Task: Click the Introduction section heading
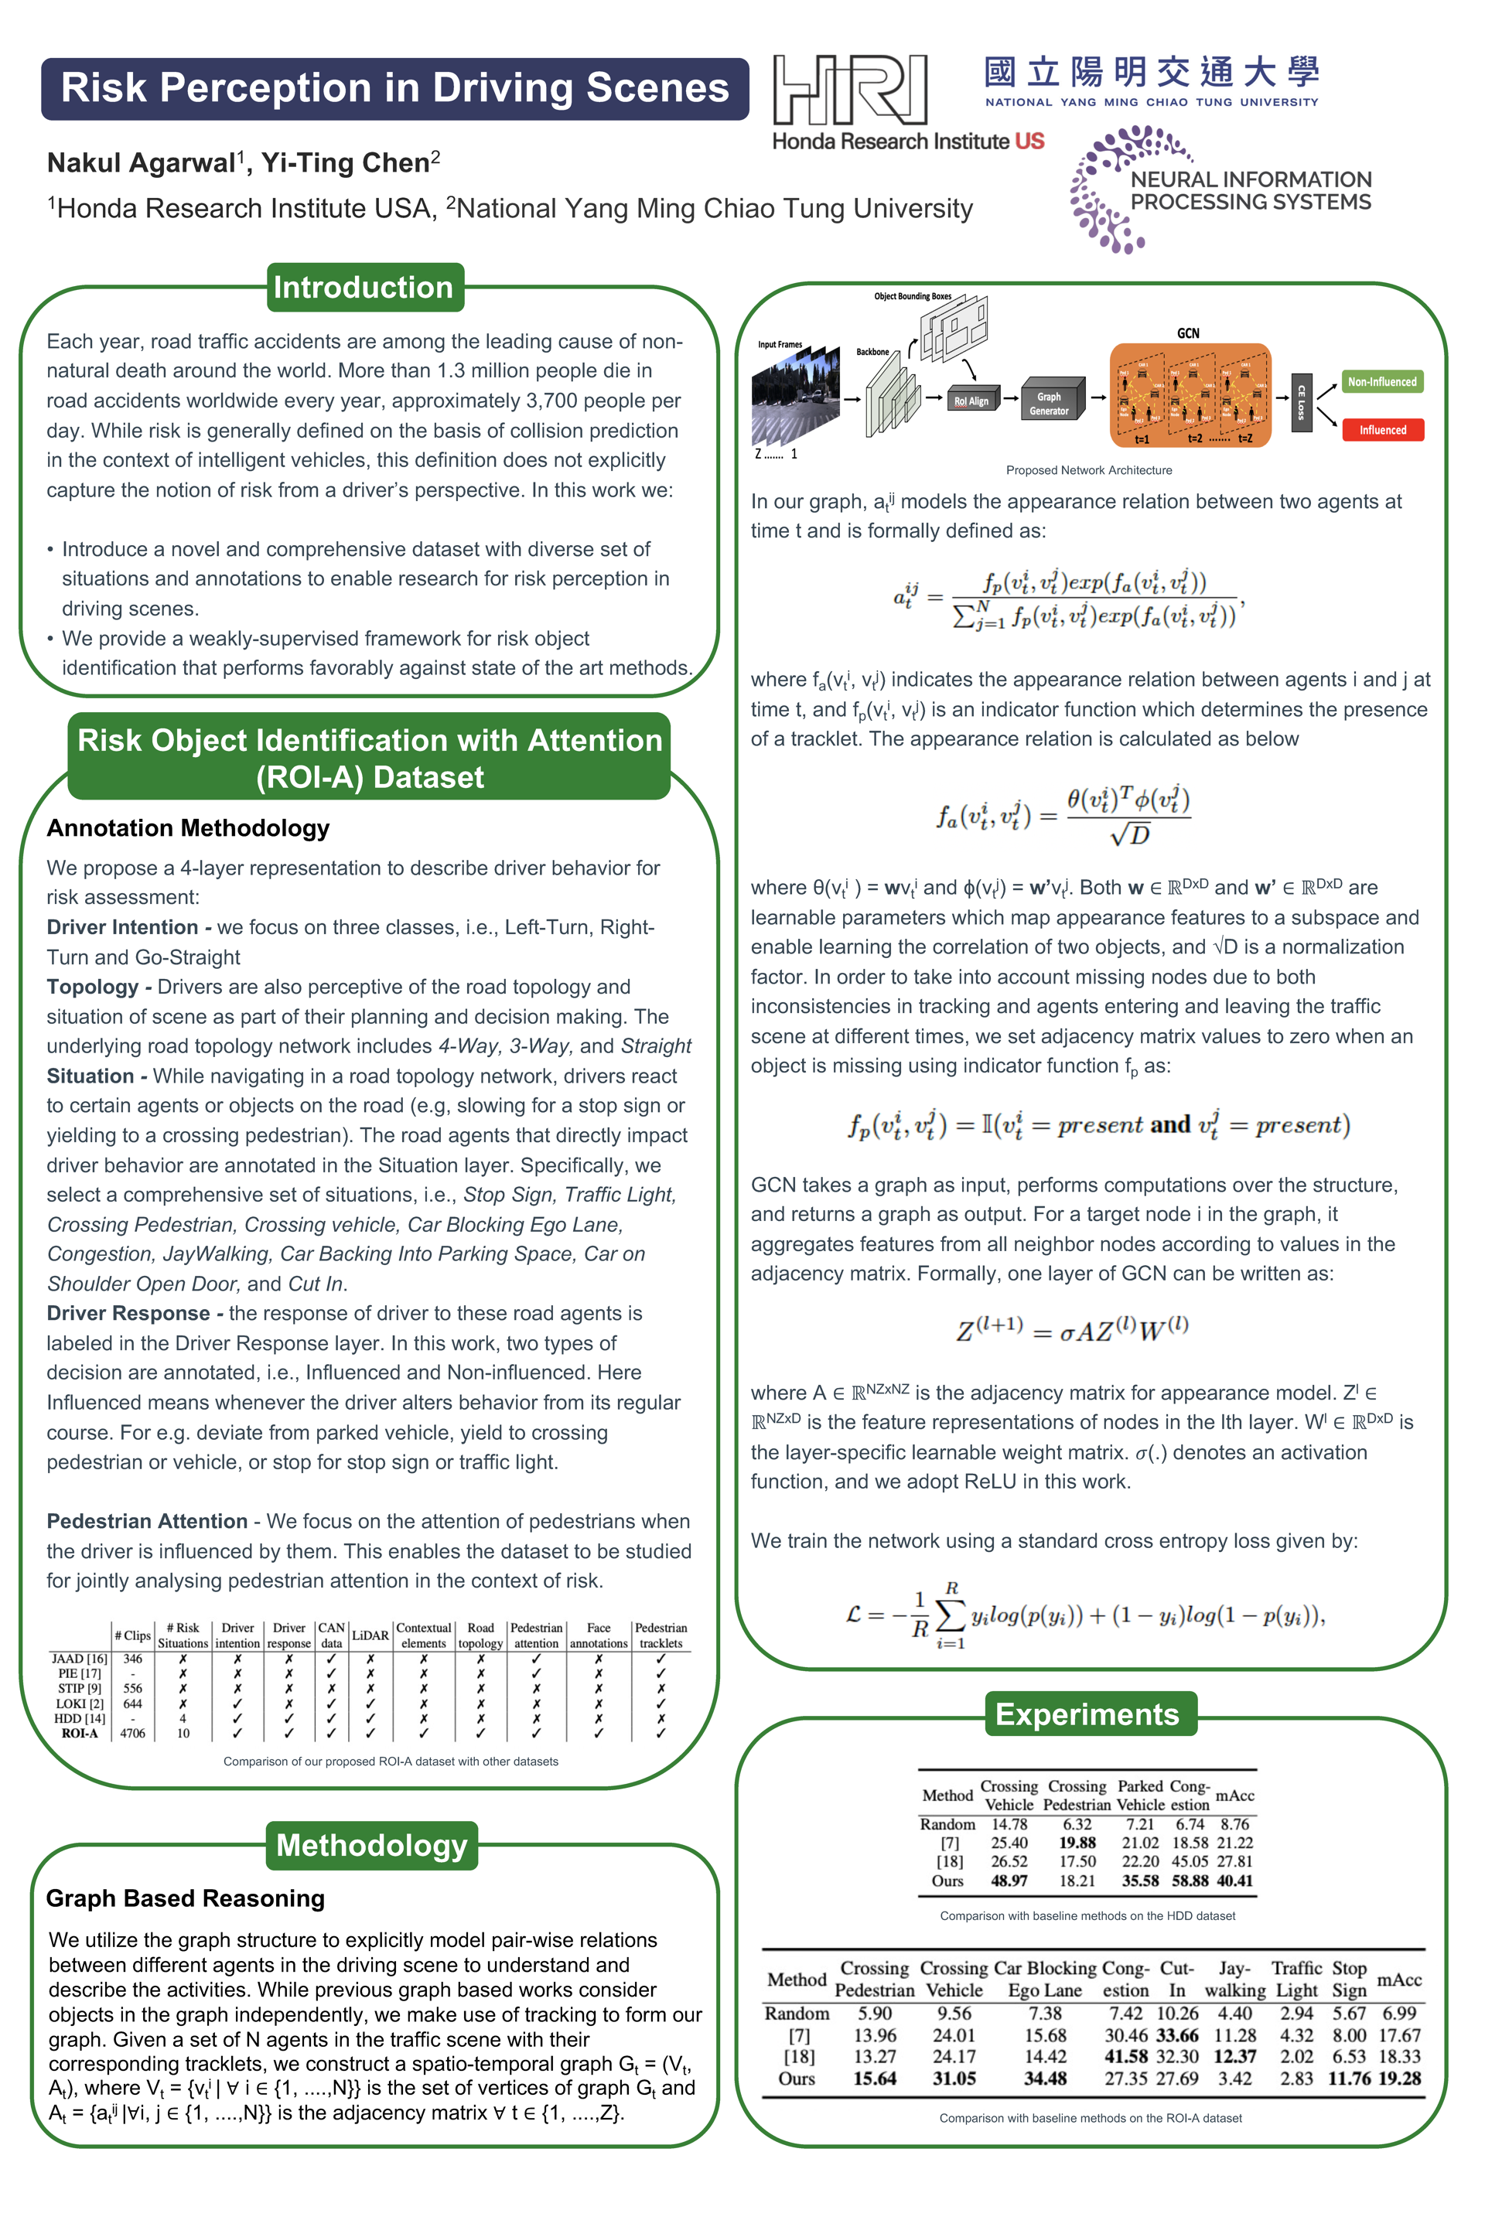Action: pos(364,287)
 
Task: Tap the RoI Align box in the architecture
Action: pos(971,401)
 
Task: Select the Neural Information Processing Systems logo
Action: pos(1222,189)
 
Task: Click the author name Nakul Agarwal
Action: pos(140,163)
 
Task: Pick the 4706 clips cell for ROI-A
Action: pos(132,1734)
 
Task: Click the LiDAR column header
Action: pos(370,1635)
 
